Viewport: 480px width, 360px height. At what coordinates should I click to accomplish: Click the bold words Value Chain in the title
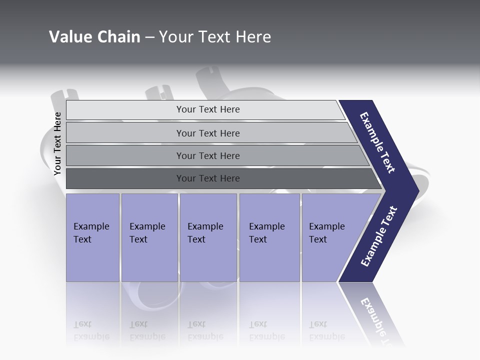coord(94,37)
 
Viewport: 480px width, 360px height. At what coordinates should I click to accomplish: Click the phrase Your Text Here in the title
coord(215,37)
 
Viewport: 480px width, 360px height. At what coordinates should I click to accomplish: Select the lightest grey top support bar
coord(125,110)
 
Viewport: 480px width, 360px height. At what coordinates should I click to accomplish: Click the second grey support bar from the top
coord(125,133)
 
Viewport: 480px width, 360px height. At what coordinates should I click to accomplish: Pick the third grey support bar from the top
coord(125,155)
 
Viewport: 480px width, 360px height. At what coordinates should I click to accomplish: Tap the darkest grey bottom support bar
coord(125,178)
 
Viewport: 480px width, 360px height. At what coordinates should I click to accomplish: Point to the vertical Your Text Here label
coord(57,143)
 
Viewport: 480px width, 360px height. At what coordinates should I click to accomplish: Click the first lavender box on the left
coord(92,237)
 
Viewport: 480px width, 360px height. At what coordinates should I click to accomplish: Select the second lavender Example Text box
coord(149,237)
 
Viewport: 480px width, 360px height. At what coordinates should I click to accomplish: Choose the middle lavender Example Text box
coord(208,237)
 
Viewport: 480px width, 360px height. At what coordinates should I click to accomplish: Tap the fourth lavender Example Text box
coord(269,237)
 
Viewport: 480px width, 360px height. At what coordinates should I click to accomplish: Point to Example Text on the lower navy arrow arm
coord(379,236)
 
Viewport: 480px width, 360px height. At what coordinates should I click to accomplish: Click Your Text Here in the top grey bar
coord(208,109)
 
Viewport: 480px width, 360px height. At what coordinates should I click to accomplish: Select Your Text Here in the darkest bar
coord(208,178)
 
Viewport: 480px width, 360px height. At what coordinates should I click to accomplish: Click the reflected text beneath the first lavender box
coord(91,330)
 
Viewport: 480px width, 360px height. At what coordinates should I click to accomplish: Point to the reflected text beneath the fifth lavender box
coord(327,330)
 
